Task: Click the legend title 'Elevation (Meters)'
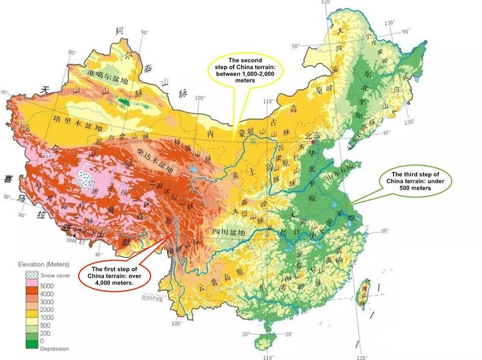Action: click(x=44, y=264)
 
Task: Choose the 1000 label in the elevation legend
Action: click(x=47, y=317)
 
